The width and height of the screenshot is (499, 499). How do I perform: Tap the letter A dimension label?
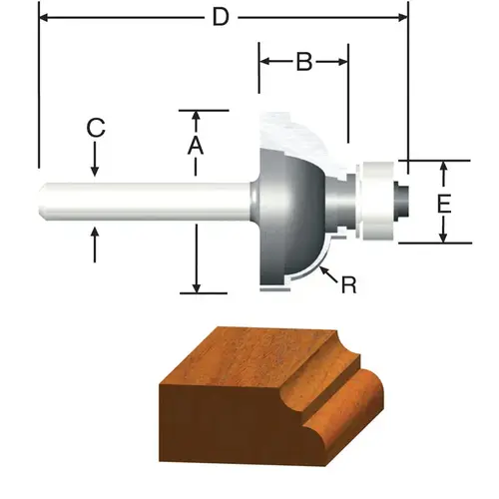point(197,146)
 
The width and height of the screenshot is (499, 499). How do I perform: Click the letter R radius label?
point(348,285)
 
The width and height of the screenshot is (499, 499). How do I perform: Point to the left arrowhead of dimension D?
point(44,17)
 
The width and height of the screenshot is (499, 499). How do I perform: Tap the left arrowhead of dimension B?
point(265,62)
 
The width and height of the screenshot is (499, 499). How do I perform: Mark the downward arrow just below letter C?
point(95,170)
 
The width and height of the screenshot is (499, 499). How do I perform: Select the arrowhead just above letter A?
point(197,117)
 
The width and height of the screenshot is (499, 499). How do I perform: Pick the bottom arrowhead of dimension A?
point(197,285)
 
